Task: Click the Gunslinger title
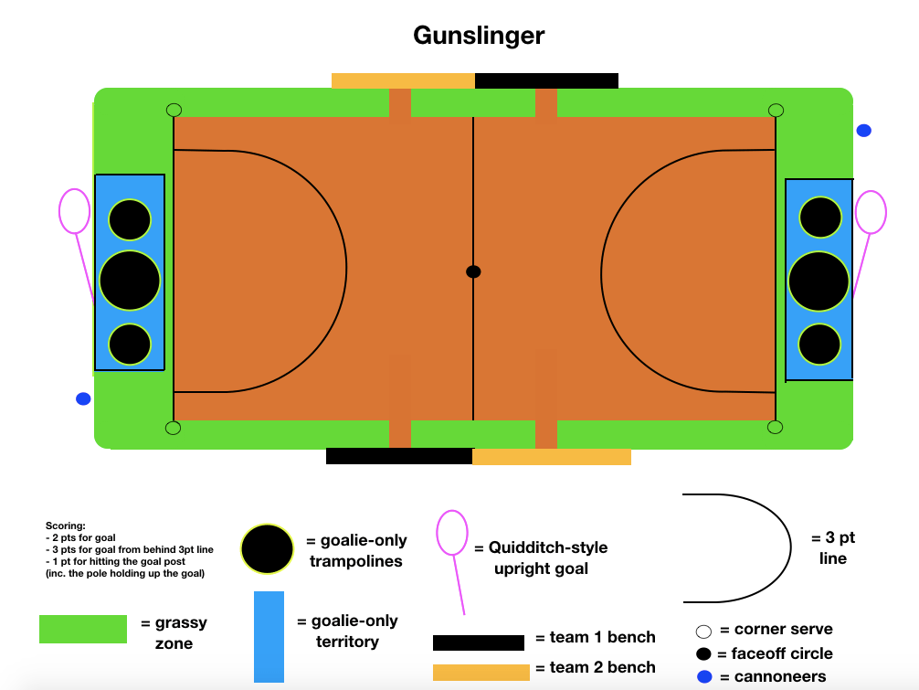[x=479, y=36]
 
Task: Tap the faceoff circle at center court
[x=473, y=271]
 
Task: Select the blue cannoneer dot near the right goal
[x=863, y=131]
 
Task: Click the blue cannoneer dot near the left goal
[x=83, y=398]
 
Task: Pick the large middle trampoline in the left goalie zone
[x=130, y=281]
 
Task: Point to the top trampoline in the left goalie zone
[x=130, y=219]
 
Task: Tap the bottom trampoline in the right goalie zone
[x=819, y=345]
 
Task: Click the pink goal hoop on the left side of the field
[x=74, y=211]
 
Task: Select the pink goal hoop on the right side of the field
[x=871, y=212]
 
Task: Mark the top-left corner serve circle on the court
[x=174, y=111]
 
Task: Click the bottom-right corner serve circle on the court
[x=775, y=427]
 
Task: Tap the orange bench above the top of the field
[x=403, y=81]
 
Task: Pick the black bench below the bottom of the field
[x=399, y=456]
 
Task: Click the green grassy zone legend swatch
[x=83, y=629]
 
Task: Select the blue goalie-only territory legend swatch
[x=269, y=637]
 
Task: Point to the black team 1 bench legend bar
[x=478, y=642]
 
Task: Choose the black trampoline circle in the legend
[x=267, y=549]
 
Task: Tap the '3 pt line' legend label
[x=833, y=548]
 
